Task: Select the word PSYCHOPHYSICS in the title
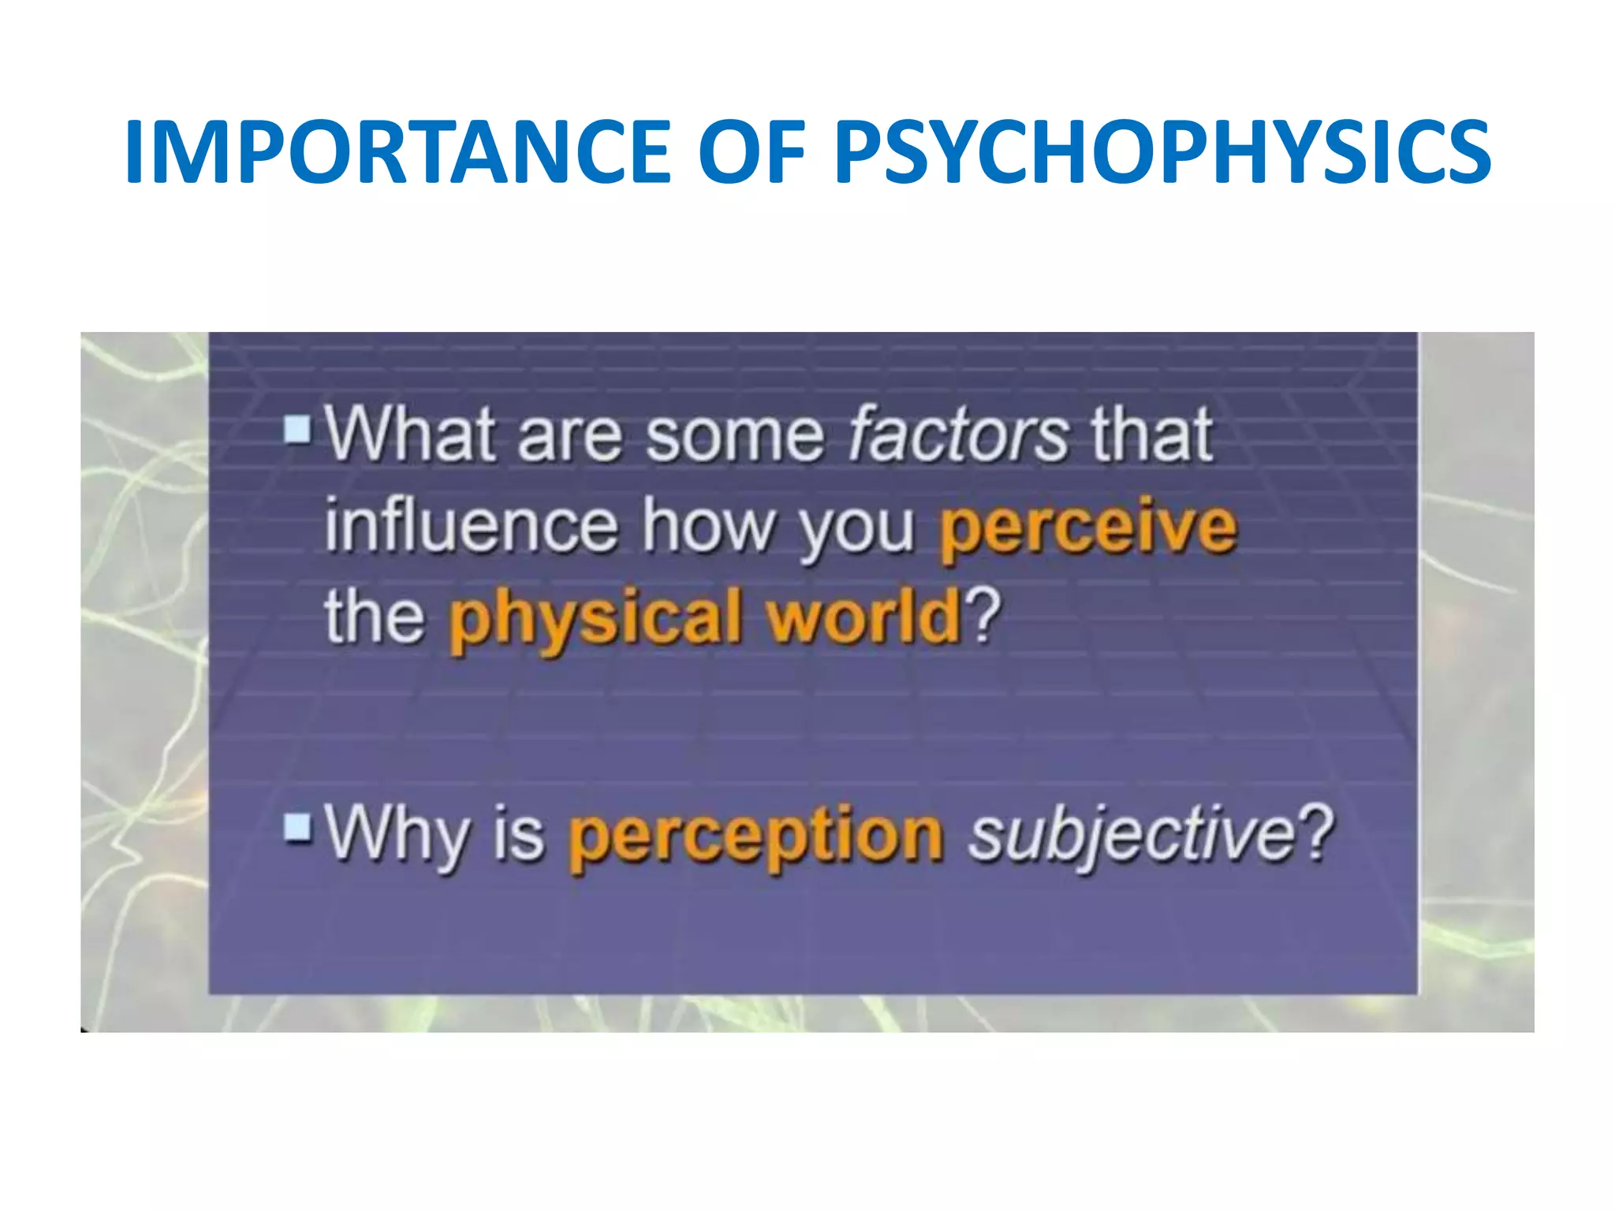point(1162,151)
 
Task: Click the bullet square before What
point(298,430)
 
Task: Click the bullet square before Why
point(298,828)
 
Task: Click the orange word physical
point(596,620)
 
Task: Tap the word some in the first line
point(735,435)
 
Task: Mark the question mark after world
point(983,615)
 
